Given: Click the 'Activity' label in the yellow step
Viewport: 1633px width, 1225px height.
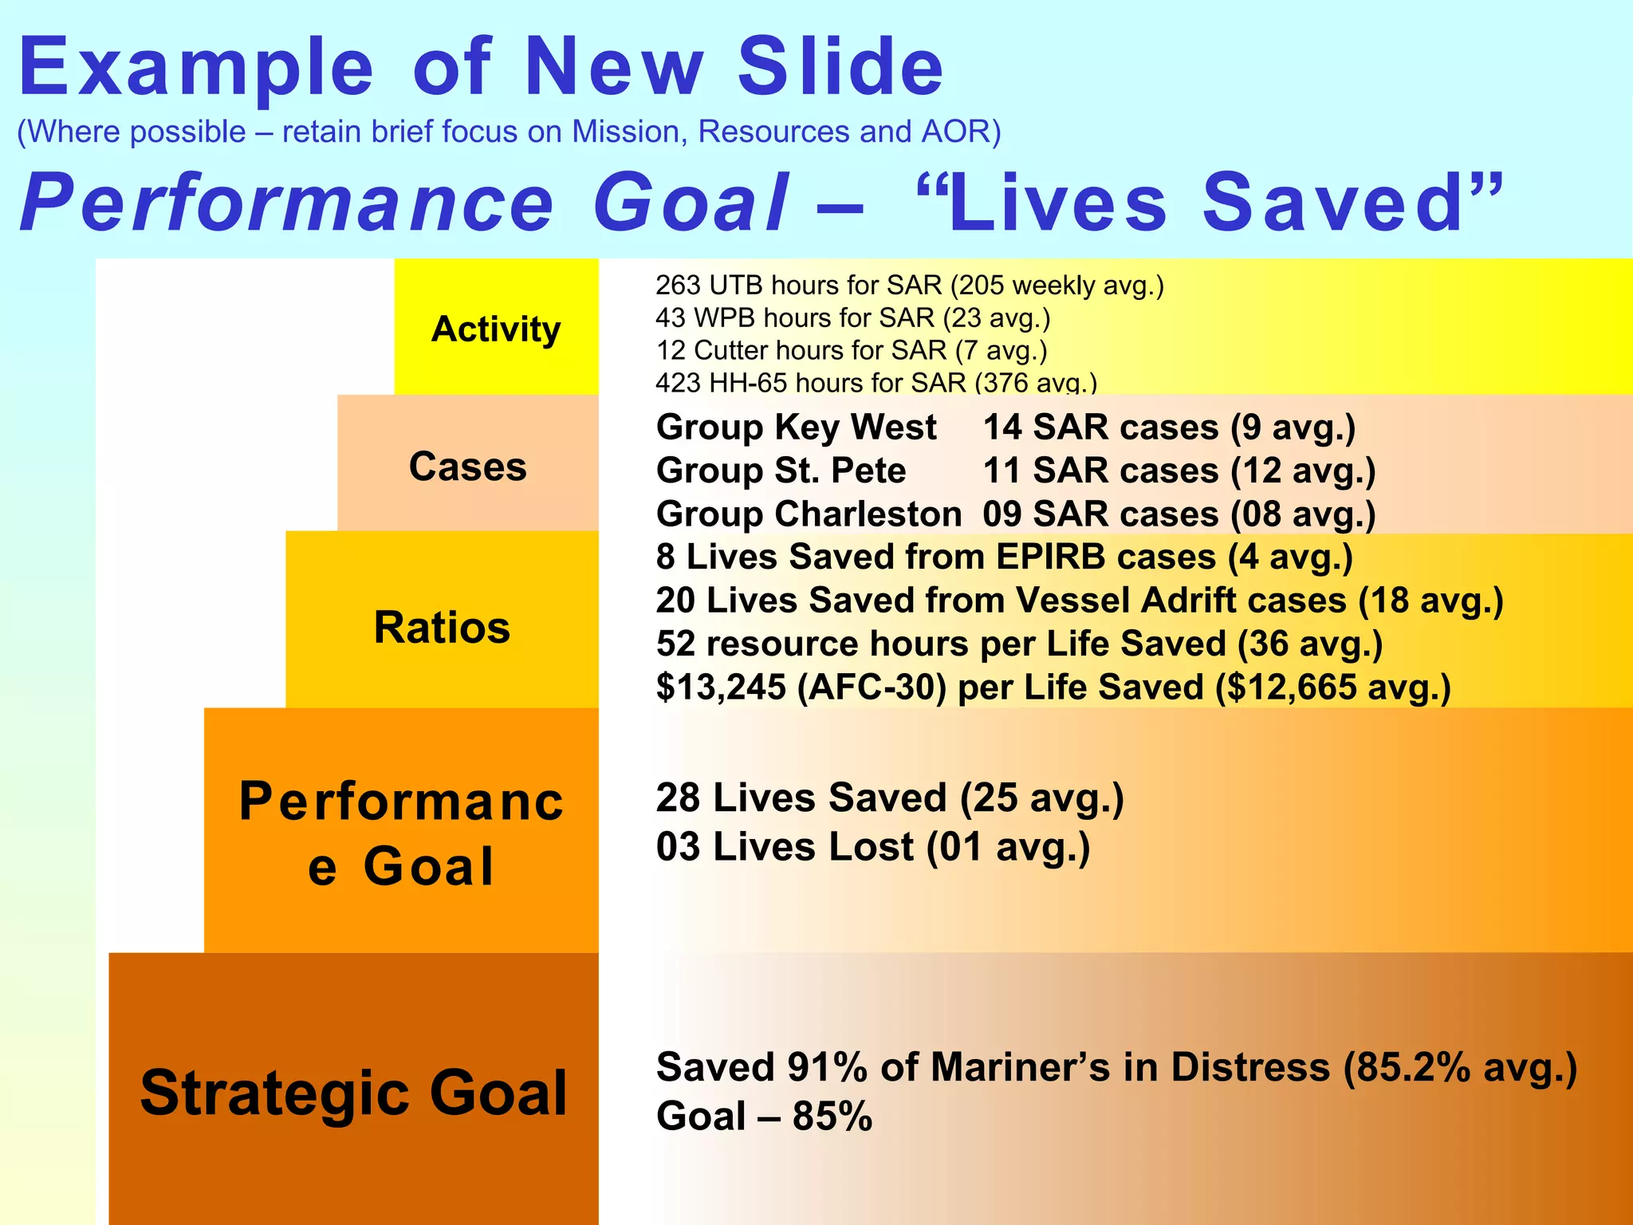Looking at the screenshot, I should point(495,329).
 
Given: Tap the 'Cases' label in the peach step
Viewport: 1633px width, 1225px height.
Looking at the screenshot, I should point(467,466).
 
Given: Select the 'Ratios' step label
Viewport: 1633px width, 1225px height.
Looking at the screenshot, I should point(442,627).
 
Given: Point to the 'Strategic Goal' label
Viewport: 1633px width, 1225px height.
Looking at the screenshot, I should point(353,1092).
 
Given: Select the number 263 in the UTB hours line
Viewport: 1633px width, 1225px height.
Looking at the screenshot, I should point(678,285).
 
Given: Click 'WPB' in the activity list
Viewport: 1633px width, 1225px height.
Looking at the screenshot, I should point(725,317).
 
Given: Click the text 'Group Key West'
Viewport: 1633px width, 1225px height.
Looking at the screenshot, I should point(796,427).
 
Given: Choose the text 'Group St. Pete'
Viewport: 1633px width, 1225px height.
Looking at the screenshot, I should point(781,471).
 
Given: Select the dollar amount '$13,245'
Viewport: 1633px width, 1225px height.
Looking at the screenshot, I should point(721,687).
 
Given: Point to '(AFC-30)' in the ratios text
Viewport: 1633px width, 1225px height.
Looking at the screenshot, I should point(872,687).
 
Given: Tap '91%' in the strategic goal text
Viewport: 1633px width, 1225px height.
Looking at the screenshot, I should point(827,1067).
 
